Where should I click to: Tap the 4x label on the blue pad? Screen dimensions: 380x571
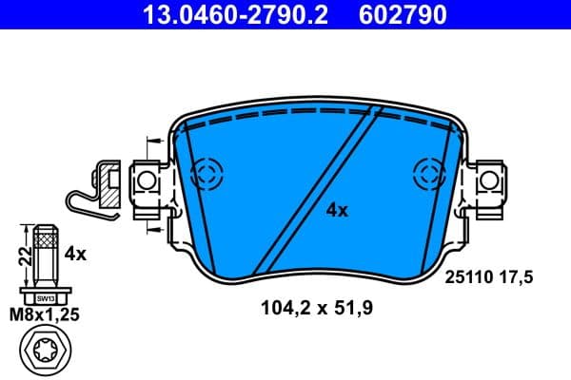click(336, 210)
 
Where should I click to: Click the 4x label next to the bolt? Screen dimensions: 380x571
click(75, 254)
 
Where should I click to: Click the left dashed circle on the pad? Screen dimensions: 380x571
click(206, 173)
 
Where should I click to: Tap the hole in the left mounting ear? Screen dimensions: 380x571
click(146, 178)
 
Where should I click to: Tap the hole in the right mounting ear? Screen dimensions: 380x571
click(488, 178)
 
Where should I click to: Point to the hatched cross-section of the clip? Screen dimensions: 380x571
click(109, 189)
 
